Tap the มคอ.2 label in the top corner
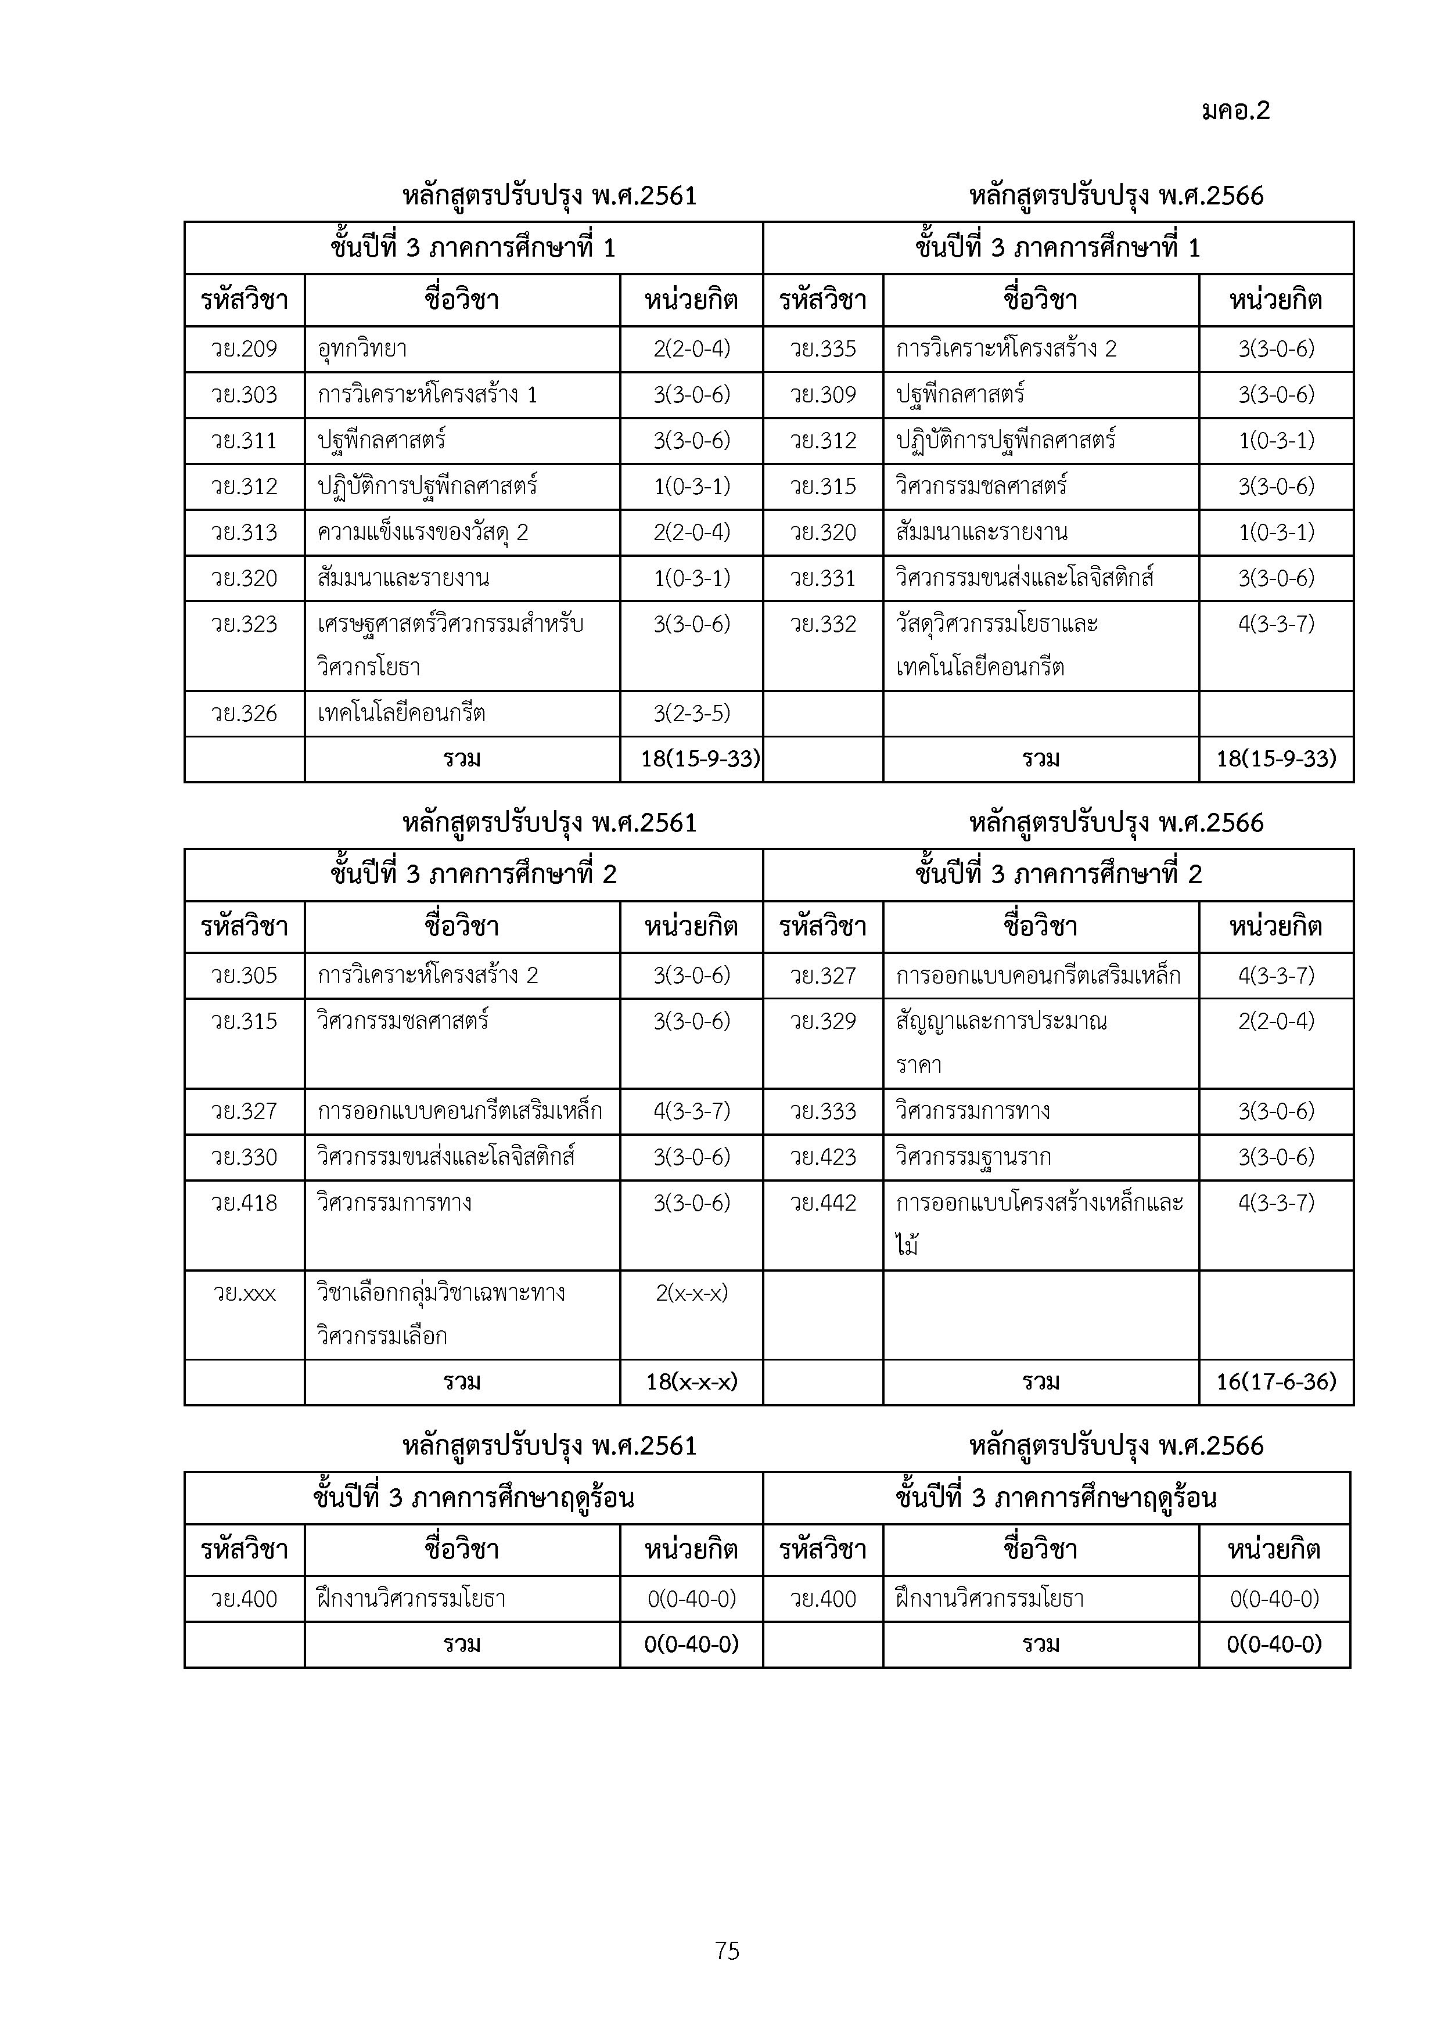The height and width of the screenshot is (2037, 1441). [1236, 111]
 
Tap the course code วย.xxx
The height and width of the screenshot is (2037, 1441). [244, 1294]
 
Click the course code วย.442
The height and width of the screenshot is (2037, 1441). [822, 1204]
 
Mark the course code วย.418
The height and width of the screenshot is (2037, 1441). [244, 1204]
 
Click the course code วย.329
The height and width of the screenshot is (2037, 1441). [822, 1022]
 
